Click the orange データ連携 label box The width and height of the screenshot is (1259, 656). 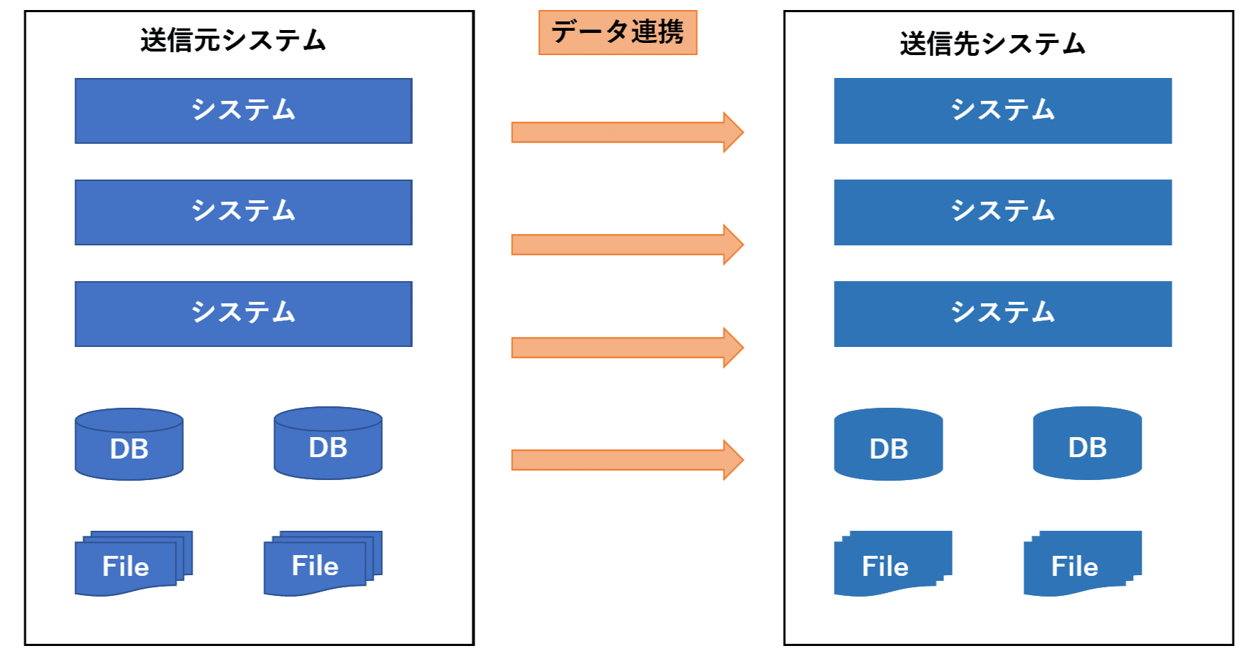tap(618, 32)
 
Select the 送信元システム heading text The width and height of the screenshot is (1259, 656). tap(233, 40)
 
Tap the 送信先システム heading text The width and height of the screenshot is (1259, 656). tap(992, 44)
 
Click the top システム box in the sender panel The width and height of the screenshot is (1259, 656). tap(243, 111)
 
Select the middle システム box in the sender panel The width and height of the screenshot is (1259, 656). tap(243, 212)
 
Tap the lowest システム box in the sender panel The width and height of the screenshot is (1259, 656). tap(243, 314)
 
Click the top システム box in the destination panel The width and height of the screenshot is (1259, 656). tap(1003, 111)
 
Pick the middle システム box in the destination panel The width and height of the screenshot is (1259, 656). tap(1003, 212)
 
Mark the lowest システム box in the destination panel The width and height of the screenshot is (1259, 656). tap(1003, 314)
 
